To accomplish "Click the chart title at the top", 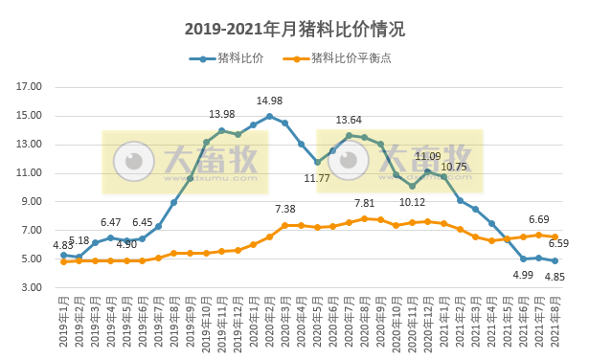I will pyautogui.click(x=294, y=30).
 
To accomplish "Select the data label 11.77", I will pyautogui.click(x=318, y=178).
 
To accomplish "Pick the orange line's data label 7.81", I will pyautogui.click(x=365, y=203).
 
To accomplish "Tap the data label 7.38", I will pyautogui.click(x=285, y=209).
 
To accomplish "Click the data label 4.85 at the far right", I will pyautogui.click(x=555, y=278).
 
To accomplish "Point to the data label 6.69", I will pyautogui.click(x=538, y=219).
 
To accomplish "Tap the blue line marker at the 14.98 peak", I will pyautogui.click(x=269, y=117).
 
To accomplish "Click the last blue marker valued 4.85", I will pyautogui.click(x=555, y=261).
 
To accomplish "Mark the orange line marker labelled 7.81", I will pyautogui.click(x=364, y=218).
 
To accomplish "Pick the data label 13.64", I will pyautogui.click(x=349, y=120).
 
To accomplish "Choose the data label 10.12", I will pyautogui.click(x=413, y=202).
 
